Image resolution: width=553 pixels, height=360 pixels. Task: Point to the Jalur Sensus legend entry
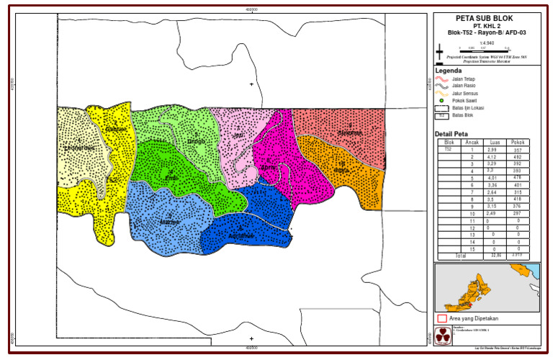click(466, 93)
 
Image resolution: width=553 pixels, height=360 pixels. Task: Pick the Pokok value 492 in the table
click(516, 156)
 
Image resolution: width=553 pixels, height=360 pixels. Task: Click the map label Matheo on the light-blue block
click(170, 222)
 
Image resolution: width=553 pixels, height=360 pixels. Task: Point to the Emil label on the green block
click(171, 177)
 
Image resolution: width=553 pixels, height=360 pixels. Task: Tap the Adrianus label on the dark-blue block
click(241, 235)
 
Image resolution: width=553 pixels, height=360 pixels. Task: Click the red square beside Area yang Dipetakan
click(441, 318)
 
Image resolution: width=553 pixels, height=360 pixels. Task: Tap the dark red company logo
click(442, 335)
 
